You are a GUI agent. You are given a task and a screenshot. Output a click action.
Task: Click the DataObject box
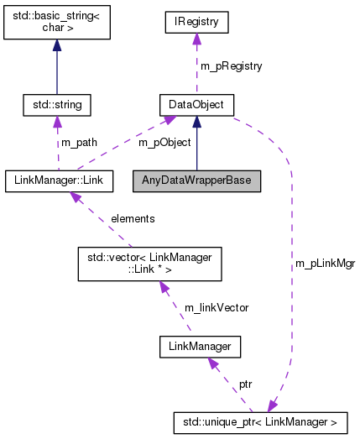tap(196, 105)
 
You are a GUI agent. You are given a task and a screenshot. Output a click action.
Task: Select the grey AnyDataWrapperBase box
tap(196, 180)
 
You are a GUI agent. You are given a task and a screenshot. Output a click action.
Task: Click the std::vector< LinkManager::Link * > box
tap(149, 263)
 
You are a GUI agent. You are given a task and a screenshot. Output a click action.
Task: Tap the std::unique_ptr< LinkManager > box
tap(263, 419)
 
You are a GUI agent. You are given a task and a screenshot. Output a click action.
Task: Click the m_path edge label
tap(79, 143)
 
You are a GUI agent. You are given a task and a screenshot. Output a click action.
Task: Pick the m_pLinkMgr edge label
tap(325, 263)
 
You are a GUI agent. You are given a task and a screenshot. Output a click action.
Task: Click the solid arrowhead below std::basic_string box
tap(57, 47)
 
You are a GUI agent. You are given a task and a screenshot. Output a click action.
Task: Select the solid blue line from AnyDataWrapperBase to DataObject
tap(196, 147)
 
